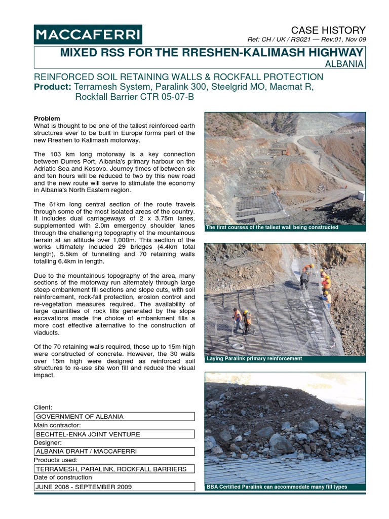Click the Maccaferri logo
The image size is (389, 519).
(x=88, y=34)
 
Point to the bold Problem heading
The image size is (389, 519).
(x=47, y=119)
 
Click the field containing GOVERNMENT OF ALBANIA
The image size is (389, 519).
(x=114, y=417)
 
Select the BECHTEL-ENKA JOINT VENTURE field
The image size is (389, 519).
(x=114, y=434)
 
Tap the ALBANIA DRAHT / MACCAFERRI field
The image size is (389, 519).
(x=114, y=452)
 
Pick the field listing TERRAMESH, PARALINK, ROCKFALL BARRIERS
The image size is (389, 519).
(x=114, y=469)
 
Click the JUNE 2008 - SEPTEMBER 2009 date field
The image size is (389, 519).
(x=114, y=487)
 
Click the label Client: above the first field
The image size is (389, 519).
(x=43, y=407)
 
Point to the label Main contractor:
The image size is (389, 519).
(x=57, y=425)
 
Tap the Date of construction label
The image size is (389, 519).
(x=63, y=477)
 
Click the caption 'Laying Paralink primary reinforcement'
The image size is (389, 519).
(x=254, y=359)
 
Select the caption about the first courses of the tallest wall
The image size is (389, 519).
(x=272, y=228)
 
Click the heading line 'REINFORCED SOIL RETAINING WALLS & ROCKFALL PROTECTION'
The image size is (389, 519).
(x=178, y=77)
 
